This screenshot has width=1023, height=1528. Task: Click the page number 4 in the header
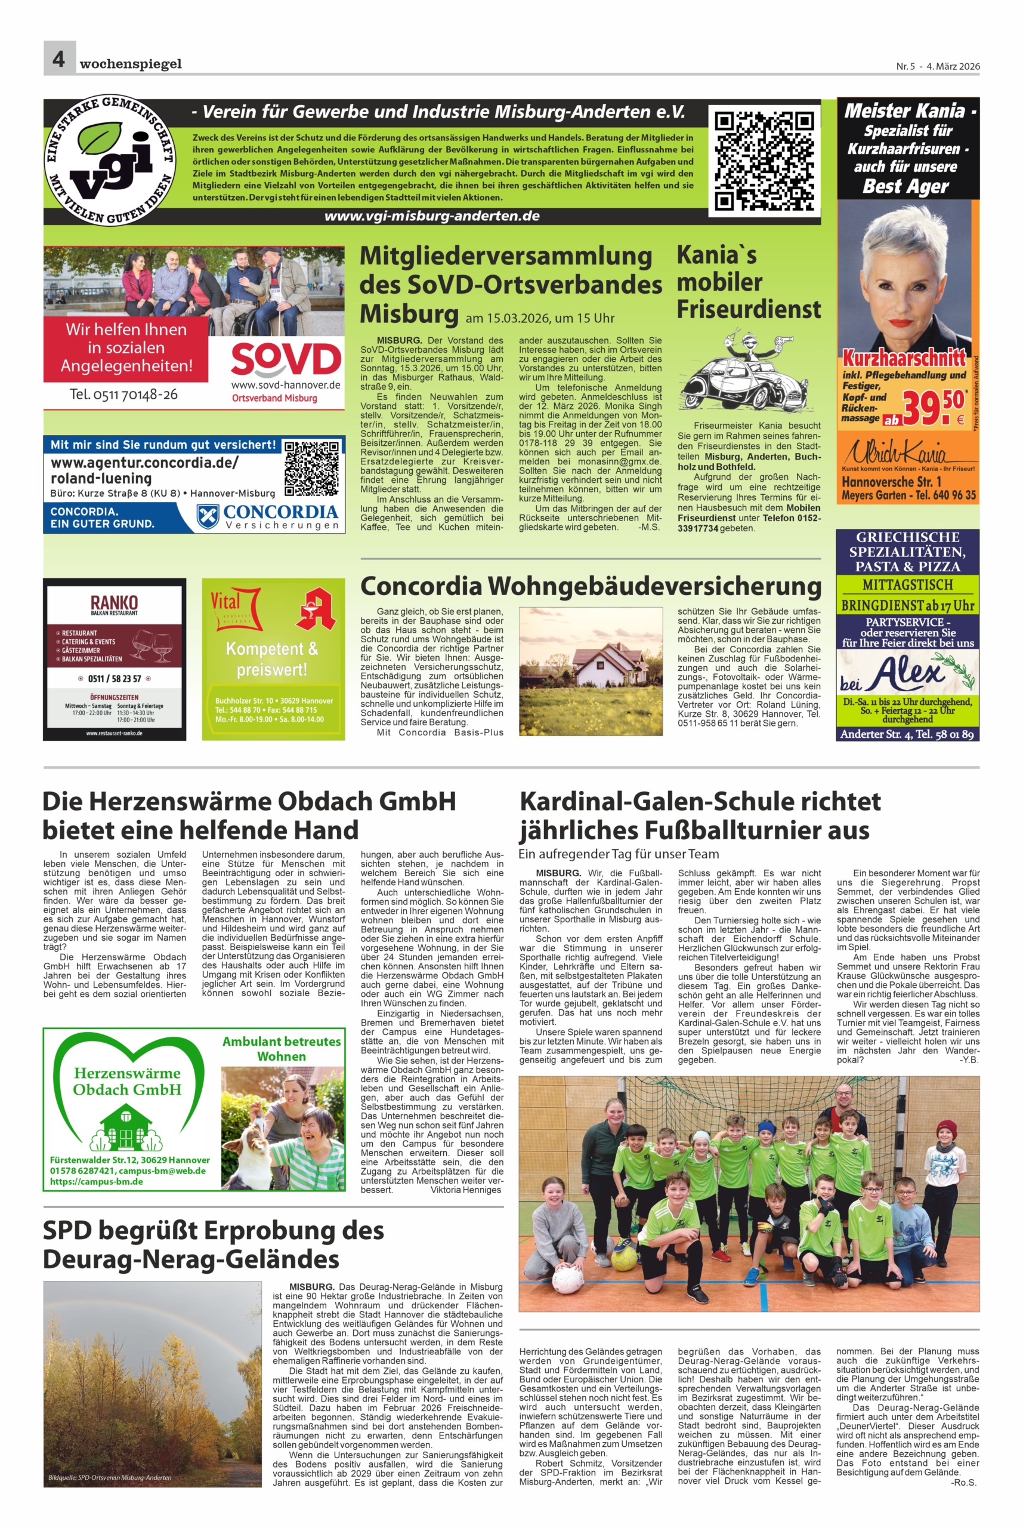pos(58,58)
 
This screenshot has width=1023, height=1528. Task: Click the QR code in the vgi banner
pos(764,160)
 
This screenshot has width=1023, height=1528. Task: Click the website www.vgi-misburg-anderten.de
pos(432,216)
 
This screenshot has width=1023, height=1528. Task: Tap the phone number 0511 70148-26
pos(123,395)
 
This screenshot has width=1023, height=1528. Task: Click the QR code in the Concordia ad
pos(311,469)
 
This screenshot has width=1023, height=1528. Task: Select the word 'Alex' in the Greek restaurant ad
pos(908,672)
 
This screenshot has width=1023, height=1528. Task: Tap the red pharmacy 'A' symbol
pos(316,609)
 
